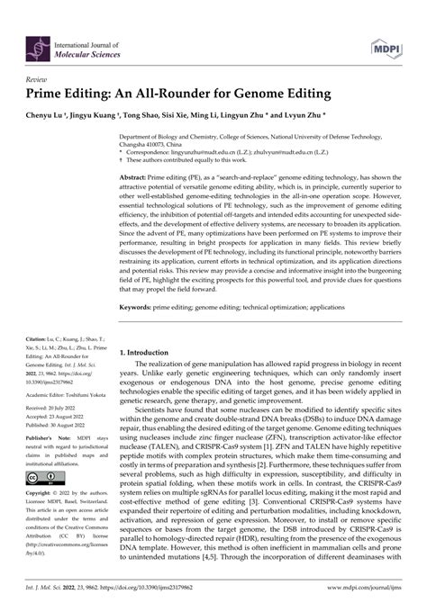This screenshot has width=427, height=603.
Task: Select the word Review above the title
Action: (x=39, y=77)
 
